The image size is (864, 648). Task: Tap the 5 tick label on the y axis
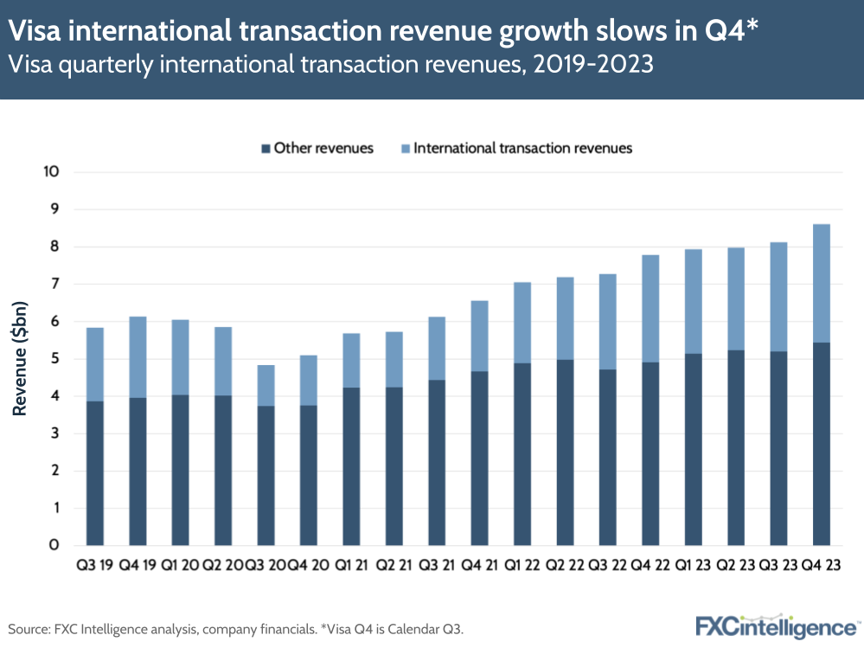tap(54, 358)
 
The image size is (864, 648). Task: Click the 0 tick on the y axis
tap(54, 545)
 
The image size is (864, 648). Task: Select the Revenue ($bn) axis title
tap(18, 358)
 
